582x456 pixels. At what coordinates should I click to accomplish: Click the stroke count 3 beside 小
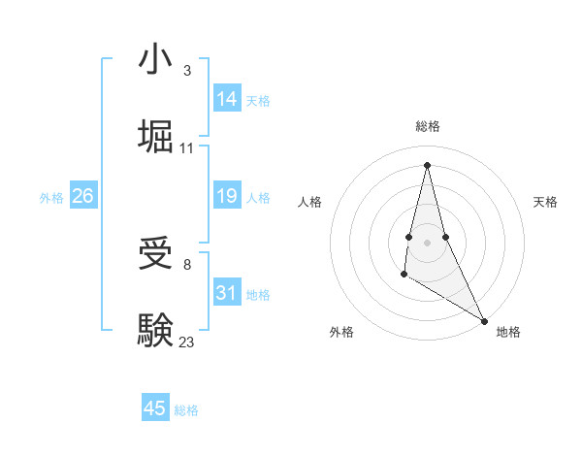click(x=186, y=71)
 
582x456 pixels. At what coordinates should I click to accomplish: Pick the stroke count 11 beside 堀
click(x=187, y=148)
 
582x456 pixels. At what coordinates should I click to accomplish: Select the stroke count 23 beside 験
click(x=187, y=342)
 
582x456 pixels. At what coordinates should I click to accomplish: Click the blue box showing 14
click(x=227, y=98)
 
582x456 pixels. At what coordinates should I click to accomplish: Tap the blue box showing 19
click(x=227, y=196)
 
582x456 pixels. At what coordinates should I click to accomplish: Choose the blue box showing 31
click(x=227, y=292)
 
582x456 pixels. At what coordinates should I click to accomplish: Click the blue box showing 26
click(x=82, y=196)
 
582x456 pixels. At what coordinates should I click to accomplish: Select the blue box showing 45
click(x=155, y=408)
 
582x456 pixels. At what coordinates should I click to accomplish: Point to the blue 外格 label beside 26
click(x=51, y=197)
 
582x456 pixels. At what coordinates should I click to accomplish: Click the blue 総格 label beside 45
click(x=186, y=410)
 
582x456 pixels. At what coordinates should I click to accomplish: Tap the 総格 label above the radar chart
click(x=428, y=126)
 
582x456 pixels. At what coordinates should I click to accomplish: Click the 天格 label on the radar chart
click(x=545, y=202)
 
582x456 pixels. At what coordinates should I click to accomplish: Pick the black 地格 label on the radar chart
click(x=508, y=332)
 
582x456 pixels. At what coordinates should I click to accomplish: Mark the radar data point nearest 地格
click(x=485, y=320)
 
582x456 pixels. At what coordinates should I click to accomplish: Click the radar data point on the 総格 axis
click(x=427, y=163)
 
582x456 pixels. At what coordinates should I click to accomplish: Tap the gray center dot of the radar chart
click(x=427, y=242)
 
